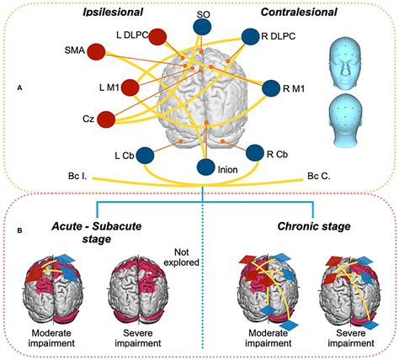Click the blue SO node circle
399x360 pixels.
202,28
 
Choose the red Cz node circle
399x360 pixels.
107,120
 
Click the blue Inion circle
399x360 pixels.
204,166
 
